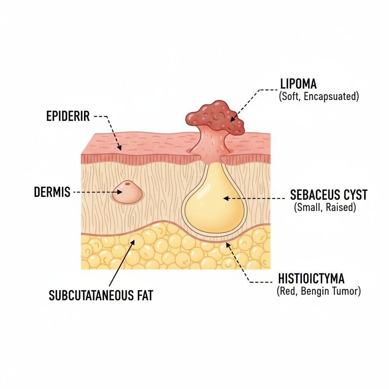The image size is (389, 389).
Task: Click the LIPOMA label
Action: [x=298, y=85]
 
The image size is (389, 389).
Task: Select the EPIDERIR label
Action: [x=68, y=116]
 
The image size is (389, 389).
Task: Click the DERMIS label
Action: [x=52, y=192]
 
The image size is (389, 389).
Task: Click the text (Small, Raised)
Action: [x=325, y=207]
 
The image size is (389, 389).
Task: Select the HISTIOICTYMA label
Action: [x=308, y=279]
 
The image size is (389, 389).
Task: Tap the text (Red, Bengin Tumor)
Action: [x=318, y=291]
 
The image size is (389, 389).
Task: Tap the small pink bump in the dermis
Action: [x=127, y=191]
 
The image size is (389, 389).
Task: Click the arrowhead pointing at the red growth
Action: [x=232, y=119]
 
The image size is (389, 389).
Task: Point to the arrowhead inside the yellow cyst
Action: [x=225, y=198]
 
